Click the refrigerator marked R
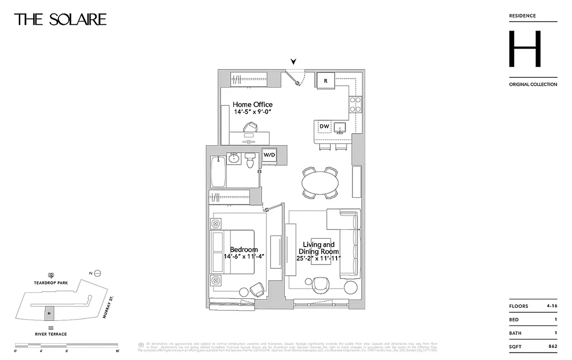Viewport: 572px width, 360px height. point(325,81)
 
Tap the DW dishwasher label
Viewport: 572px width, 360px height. point(324,127)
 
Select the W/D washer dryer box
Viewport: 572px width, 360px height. point(269,155)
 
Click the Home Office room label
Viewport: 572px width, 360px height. point(252,105)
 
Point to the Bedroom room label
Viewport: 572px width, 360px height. point(244,250)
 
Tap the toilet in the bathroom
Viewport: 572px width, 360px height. point(250,161)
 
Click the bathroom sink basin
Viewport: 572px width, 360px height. point(234,158)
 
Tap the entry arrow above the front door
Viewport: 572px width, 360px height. point(294,62)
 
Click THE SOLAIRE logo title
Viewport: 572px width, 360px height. point(60,19)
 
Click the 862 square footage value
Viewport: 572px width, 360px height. point(553,346)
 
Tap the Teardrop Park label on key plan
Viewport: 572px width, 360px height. point(50,283)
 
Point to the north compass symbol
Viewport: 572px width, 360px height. point(98,273)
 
